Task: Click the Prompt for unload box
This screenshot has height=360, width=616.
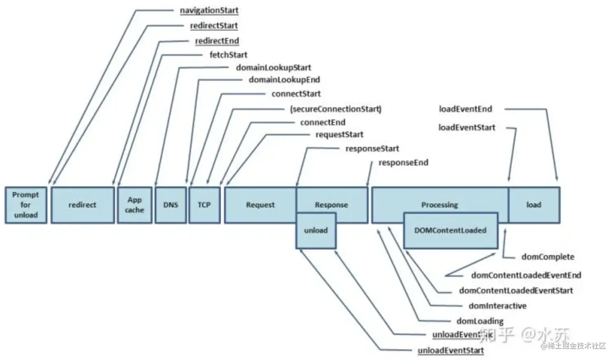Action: [26, 205]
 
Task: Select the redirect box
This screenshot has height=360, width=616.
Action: [82, 205]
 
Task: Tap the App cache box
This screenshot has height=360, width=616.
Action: [134, 205]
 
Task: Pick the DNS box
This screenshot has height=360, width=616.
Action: [171, 205]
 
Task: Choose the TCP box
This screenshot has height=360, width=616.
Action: [204, 205]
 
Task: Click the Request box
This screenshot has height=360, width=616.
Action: [260, 205]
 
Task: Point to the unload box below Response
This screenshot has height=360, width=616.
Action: [316, 230]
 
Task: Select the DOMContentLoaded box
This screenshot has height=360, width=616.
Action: [450, 230]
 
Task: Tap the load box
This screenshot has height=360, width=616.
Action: [534, 205]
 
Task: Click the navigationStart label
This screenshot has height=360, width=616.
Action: [209, 11]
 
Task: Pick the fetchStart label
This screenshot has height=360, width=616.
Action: [228, 55]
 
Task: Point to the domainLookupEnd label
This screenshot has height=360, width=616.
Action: [284, 80]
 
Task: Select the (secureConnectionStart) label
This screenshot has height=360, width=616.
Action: [336, 109]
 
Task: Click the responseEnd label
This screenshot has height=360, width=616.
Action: [403, 163]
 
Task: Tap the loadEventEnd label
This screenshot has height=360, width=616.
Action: [465, 109]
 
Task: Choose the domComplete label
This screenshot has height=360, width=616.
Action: [548, 257]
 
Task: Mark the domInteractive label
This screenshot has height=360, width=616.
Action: [497, 306]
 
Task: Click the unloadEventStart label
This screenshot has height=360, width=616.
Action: [451, 351]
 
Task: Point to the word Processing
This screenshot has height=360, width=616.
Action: [439, 205]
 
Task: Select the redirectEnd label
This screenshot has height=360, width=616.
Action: [217, 41]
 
